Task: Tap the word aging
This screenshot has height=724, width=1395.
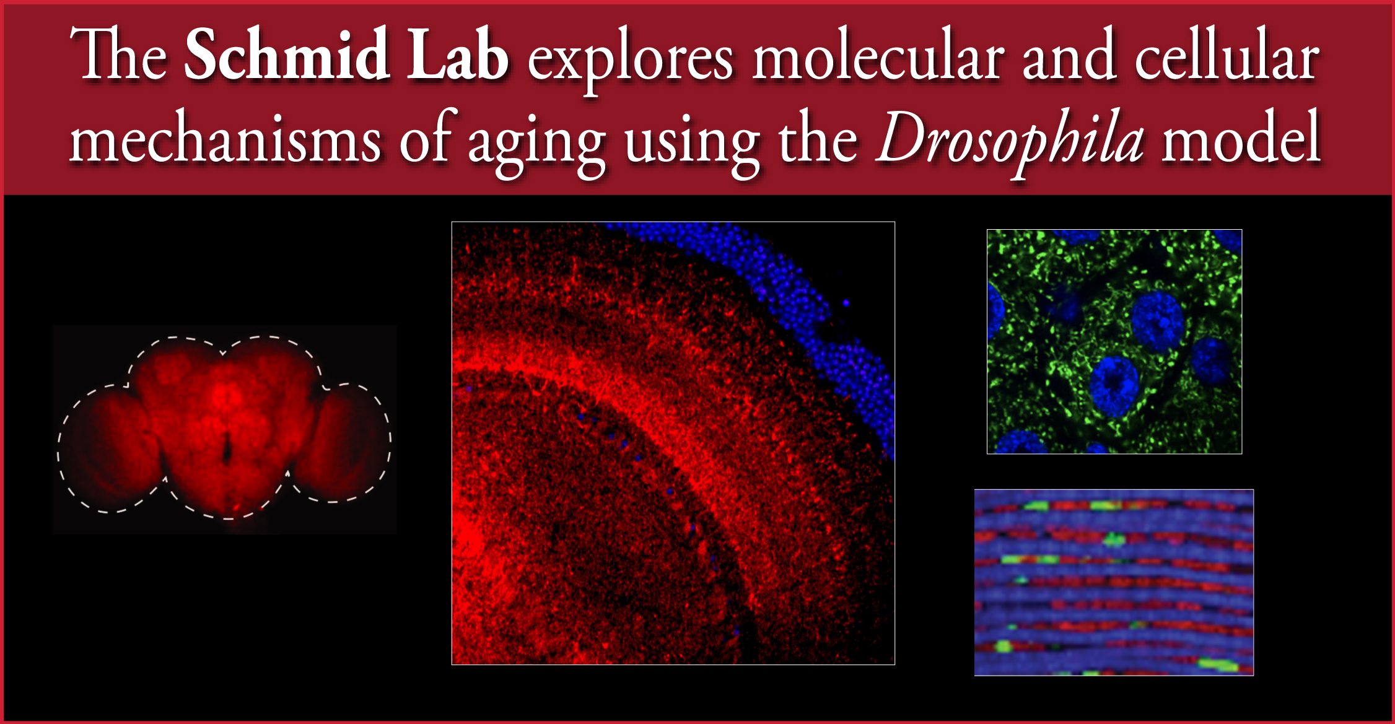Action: [536, 144]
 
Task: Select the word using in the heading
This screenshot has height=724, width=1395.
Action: [692, 144]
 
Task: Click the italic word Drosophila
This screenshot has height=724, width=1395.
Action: [1010, 142]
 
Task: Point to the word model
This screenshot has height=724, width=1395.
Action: [1241, 136]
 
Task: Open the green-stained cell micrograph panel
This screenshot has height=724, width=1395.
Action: [1114, 342]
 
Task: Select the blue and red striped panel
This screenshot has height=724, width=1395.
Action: [1114, 582]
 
